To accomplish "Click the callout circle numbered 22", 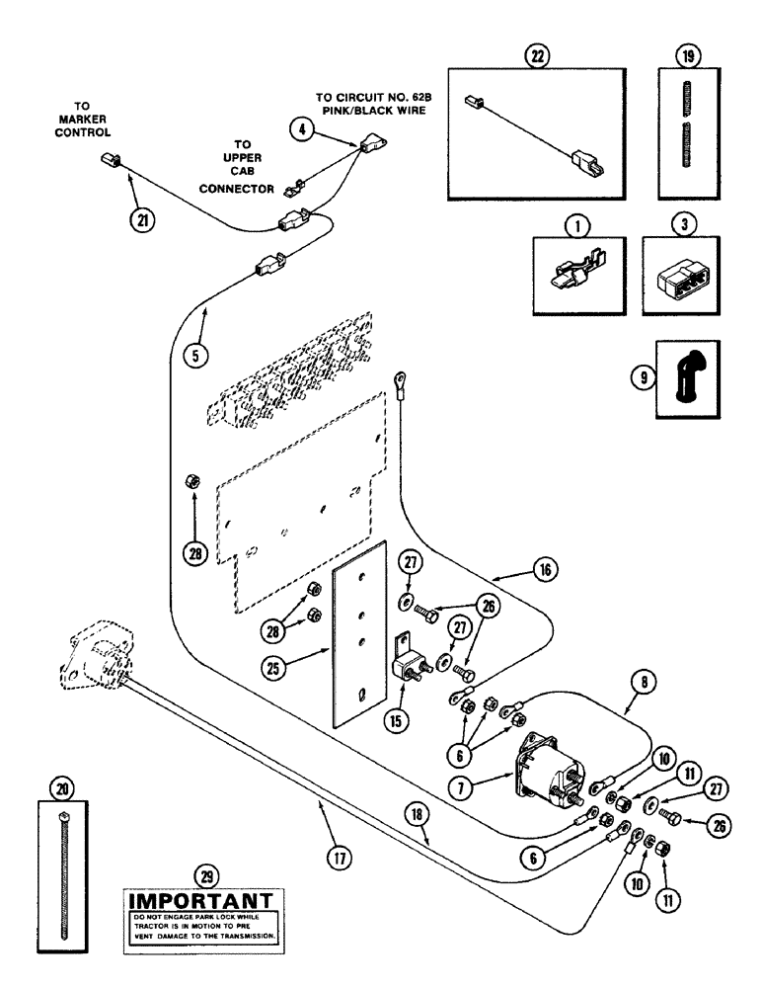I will [x=538, y=56].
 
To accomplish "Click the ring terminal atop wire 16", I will [x=404, y=376].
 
